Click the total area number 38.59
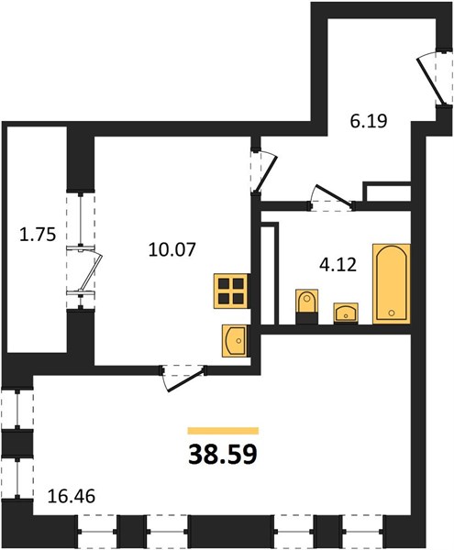pyautogui.click(x=223, y=455)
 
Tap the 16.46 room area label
pyautogui.click(x=72, y=496)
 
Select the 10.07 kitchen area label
pyautogui.click(x=172, y=249)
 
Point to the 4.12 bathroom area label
pyautogui.click(x=338, y=265)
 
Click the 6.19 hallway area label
pyautogui.click(x=369, y=121)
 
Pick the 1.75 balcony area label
pyautogui.click(x=38, y=235)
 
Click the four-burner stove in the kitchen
pyautogui.click(x=231, y=291)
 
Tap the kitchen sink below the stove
pyautogui.click(x=234, y=341)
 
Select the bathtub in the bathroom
pyautogui.click(x=392, y=284)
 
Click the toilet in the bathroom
pyautogui.click(x=307, y=306)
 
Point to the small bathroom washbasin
pyautogui.click(x=346, y=313)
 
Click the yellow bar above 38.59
pyautogui.click(x=223, y=431)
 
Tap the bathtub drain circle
pyautogui.click(x=392, y=313)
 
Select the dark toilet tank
pyautogui.click(x=307, y=318)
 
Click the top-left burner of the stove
pyautogui.click(x=224, y=283)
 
